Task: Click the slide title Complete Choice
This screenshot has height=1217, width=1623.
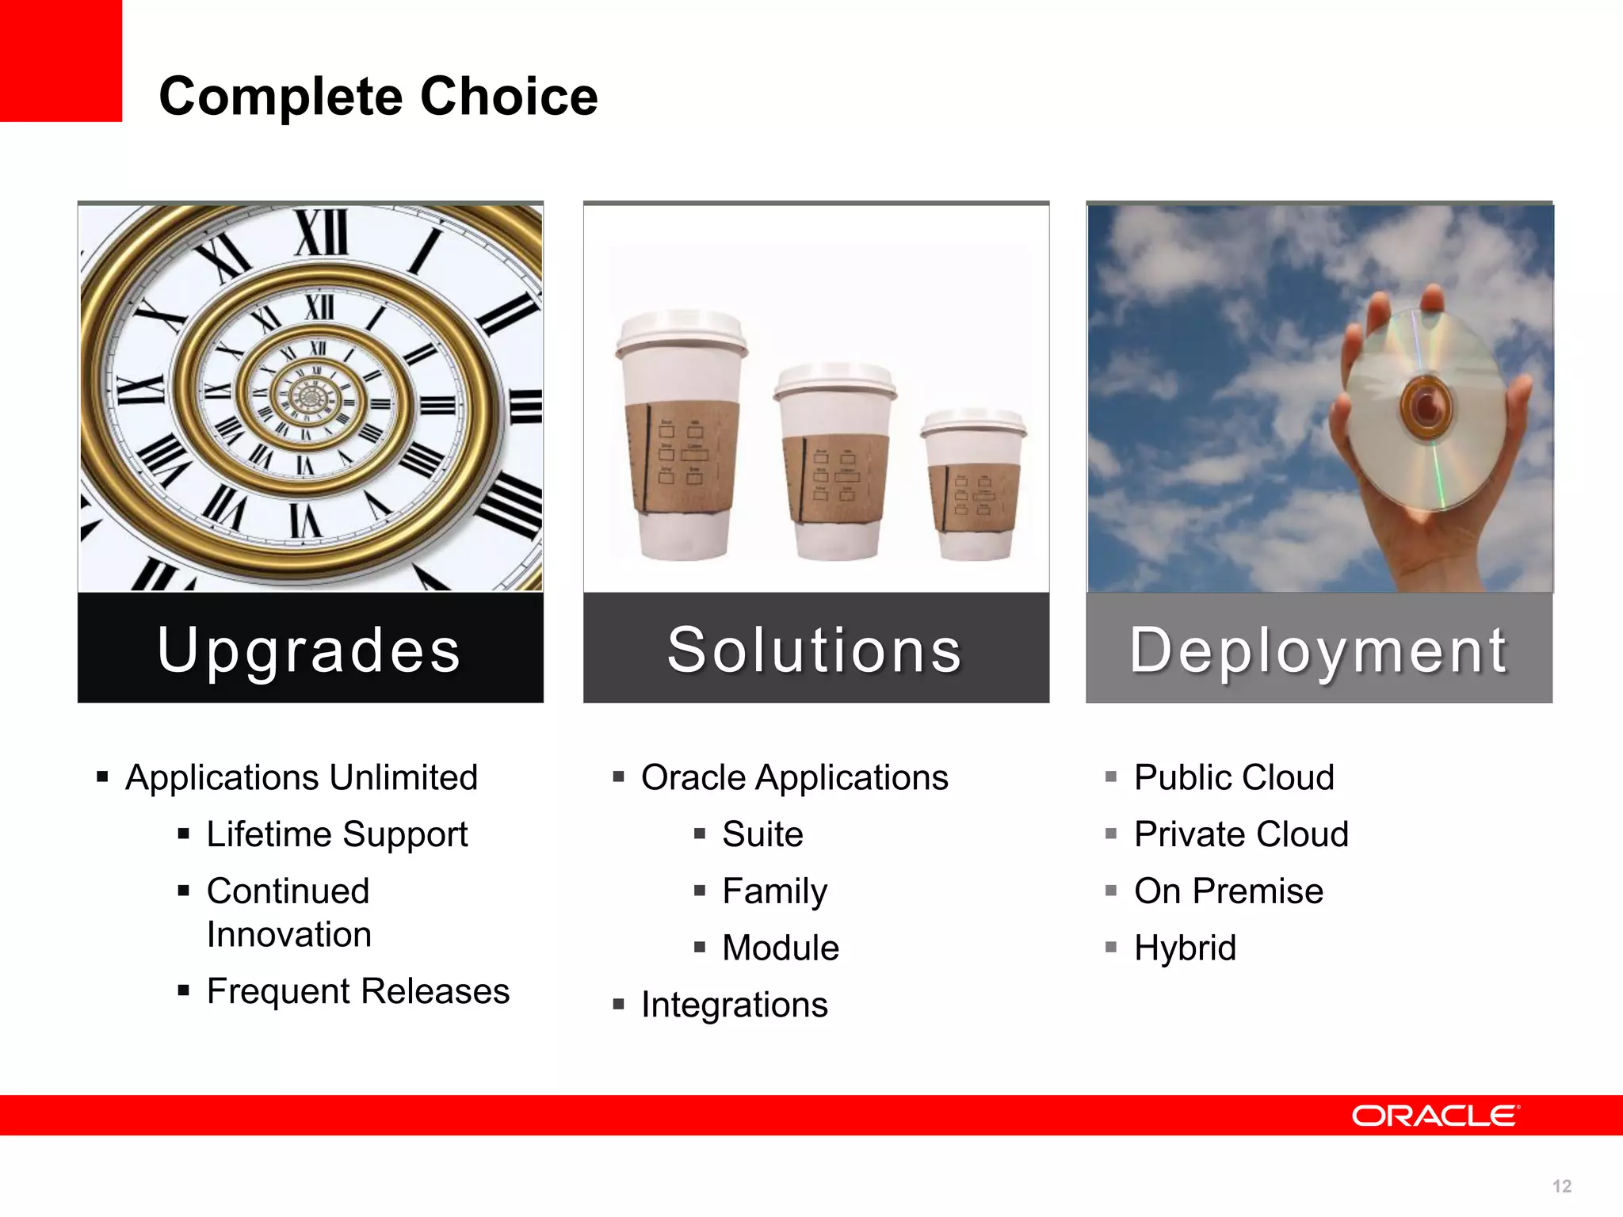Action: click(x=378, y=97)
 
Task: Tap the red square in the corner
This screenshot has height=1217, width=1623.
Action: click(x=60, y=60)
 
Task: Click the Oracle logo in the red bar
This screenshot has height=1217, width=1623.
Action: click(x=1435, y=1116)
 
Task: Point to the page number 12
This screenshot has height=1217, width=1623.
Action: click(x=1561, y=1186)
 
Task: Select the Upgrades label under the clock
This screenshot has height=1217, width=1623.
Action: click(x=309, y=650)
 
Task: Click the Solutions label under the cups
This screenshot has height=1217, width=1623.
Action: click(x=815, y=650)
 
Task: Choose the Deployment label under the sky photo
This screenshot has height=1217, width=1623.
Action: click(x=1318, y=650)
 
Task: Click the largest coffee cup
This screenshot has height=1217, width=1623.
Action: click(x=682, y=436)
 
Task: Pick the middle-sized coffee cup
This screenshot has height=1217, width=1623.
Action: click(x=834, y=464)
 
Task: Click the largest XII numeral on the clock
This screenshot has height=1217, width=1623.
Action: click(x=322, y=233)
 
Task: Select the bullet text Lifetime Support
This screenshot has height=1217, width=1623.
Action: click(x=337, y=834)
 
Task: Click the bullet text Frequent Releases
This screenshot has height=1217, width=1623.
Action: click(x=357, y=991)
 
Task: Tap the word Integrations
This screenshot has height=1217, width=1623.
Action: click(x=734, y=1005)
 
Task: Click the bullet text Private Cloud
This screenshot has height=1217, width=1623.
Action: click(x=1240, y=834)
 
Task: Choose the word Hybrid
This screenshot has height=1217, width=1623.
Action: click(x=1184, y=948)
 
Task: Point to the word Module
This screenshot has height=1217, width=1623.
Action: click(x=780, y=948)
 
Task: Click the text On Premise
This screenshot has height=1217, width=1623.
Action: click(x=1228, y=891)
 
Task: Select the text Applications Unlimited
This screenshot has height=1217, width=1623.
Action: click(x=301, y=777)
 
